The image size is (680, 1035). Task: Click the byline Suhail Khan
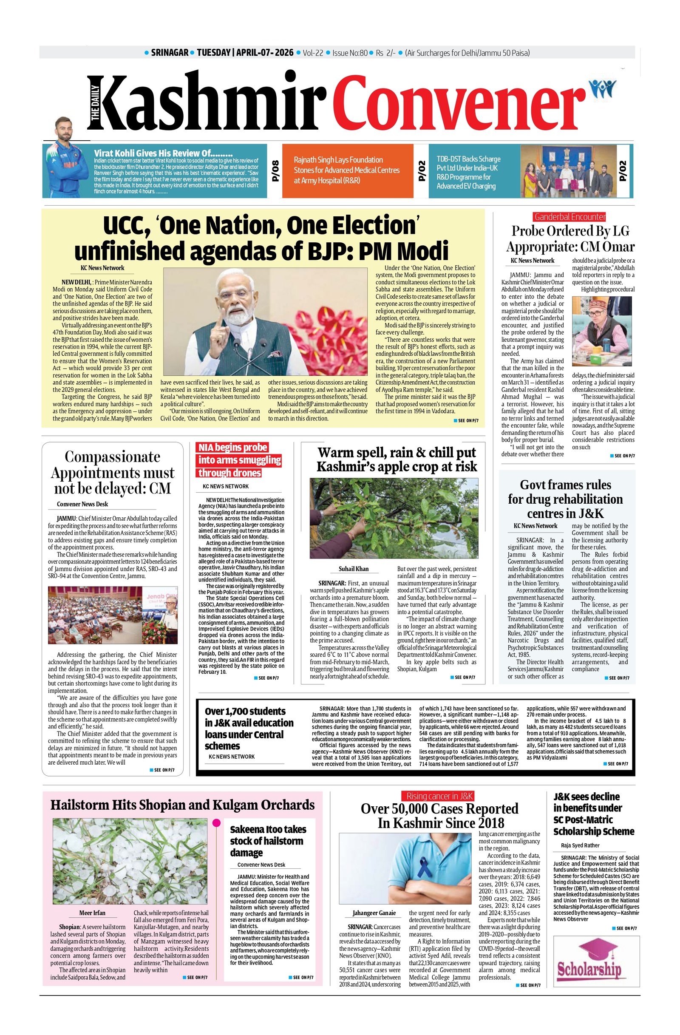(353, 568)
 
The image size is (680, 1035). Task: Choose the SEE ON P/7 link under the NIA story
(268, 678)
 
